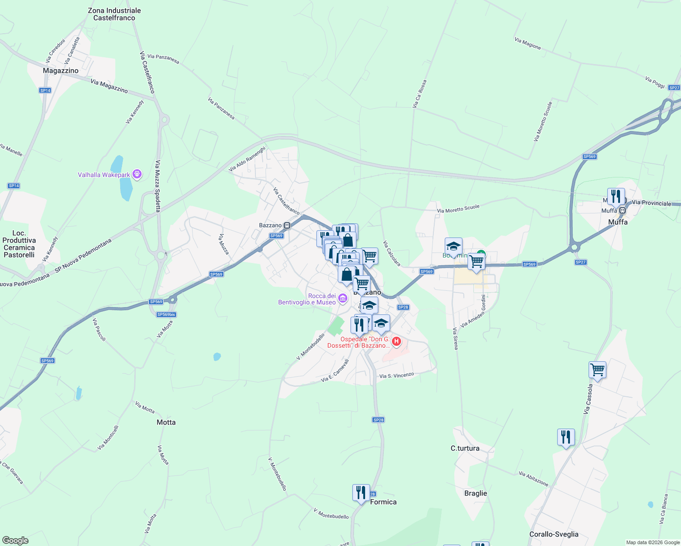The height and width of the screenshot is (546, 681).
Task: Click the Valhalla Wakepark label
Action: click(104, 175)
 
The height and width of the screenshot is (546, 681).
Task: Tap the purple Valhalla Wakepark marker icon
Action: click(137, 174)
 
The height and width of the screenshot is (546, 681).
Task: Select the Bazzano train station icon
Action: click(287, 225)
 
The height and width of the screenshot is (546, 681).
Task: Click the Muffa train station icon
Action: click(622, 210)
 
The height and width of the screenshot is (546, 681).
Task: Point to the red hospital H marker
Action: click(396, 341)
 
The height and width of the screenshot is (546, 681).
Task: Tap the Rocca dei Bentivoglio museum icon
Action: click(342, 299)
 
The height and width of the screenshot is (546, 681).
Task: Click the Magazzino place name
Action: click(61, 71)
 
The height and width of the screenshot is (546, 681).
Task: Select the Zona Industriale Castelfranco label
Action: click(114, 14)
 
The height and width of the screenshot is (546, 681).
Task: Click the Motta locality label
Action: click(166, 422)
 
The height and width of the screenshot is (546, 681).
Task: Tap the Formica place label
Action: click(383, 502)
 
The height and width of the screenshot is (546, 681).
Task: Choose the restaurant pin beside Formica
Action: click(361, 493)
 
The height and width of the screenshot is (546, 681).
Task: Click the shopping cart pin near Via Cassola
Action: click(597, 370)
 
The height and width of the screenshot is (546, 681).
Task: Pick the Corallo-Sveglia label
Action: click(554, 534)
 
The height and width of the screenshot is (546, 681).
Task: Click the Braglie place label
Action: click(475, 493)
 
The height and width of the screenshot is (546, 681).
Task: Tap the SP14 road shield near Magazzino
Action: click(45, 91)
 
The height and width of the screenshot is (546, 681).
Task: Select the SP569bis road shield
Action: click(166, 314)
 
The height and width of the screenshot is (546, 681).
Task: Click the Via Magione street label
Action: click(528, 44)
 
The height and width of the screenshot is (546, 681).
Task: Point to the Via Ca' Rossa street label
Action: click(419, 94)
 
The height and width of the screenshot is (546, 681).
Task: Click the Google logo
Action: click(15, 541)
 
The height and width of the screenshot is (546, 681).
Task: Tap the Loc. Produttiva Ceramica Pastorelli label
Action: click(19, 244)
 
